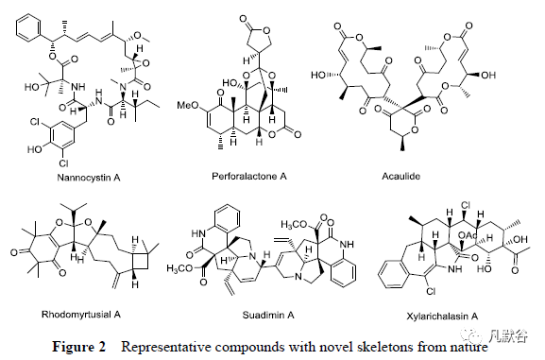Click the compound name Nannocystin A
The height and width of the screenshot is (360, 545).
click(89, 178)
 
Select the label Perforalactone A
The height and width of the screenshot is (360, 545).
click(249, 177)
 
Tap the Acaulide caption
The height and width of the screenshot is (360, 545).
click(400, 177)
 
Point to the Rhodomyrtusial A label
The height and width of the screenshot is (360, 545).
click(81, 315)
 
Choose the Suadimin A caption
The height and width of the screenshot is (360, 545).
click(268, 316)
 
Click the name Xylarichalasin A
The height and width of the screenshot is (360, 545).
click(442, 317)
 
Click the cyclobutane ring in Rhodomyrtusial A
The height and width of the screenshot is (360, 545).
click(141, 261)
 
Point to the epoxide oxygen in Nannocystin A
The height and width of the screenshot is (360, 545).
click(146, 63)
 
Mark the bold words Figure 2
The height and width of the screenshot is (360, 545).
click(78, 347)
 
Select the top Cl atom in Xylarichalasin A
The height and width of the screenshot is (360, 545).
click(465, 206)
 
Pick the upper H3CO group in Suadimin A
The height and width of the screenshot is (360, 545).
click(294, 225)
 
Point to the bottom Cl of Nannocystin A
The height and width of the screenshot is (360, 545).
click(64, 163)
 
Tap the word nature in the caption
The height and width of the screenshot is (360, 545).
click(467, 347)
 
